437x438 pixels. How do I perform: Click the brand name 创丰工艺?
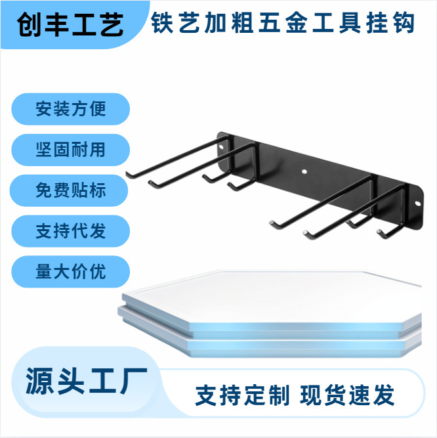(x=71, y=25)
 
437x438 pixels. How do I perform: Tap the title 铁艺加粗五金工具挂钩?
(x=283, y=24)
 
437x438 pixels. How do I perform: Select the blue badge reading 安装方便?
(x=71, y=108)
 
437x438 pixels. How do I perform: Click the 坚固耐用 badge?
(x=71, y=149)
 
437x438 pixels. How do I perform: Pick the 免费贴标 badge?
(x=71, y=190)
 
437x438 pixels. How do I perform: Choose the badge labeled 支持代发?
(x=71, y=231)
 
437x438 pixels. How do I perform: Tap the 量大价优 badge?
(x=71, y=272)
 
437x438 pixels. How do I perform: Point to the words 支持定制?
(x=242, y=395)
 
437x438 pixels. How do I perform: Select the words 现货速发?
(x=348, y=395)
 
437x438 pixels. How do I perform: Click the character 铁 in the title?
(x=163, y=24)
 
